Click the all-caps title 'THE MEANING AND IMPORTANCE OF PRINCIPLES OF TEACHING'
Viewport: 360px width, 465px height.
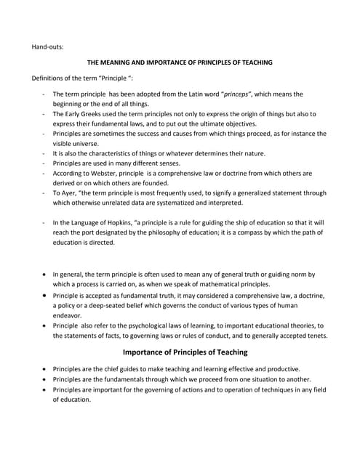180,62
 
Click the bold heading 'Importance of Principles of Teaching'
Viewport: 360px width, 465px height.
185,352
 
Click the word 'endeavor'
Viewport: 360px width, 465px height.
70,315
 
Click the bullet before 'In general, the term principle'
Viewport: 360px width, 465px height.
45,274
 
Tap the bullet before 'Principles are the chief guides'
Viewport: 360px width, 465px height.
45,369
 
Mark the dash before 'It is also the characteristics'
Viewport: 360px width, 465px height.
44,153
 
